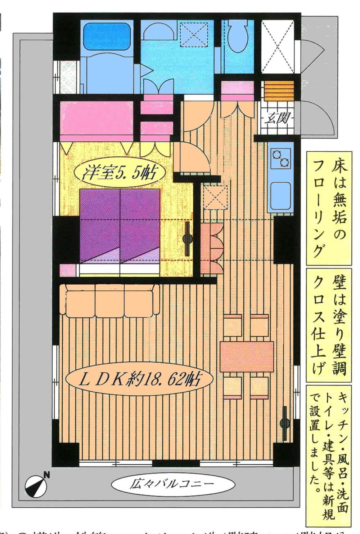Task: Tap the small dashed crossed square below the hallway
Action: click(x=215, y=198)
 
